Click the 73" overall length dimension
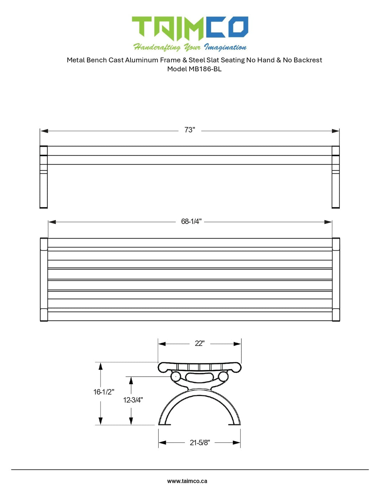(x=190, y=130)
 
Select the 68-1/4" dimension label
(x=191, y=221)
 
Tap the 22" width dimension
(x=199, y=343)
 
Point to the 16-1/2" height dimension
(x=104, y=392)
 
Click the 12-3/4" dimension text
(x=133, y=400)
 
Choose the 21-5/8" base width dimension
(x=200, y=442)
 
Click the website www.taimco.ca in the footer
(x=187, y=481)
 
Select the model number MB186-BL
(x=205, y=69)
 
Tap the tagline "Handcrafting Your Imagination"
(x=190, y=47)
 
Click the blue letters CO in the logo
(x=227, y=27)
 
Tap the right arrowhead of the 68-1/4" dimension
(x=328, y=222)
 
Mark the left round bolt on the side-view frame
(x=175, y=376)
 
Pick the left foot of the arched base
(x=164, y=423)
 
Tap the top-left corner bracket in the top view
(x=44, y=244)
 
